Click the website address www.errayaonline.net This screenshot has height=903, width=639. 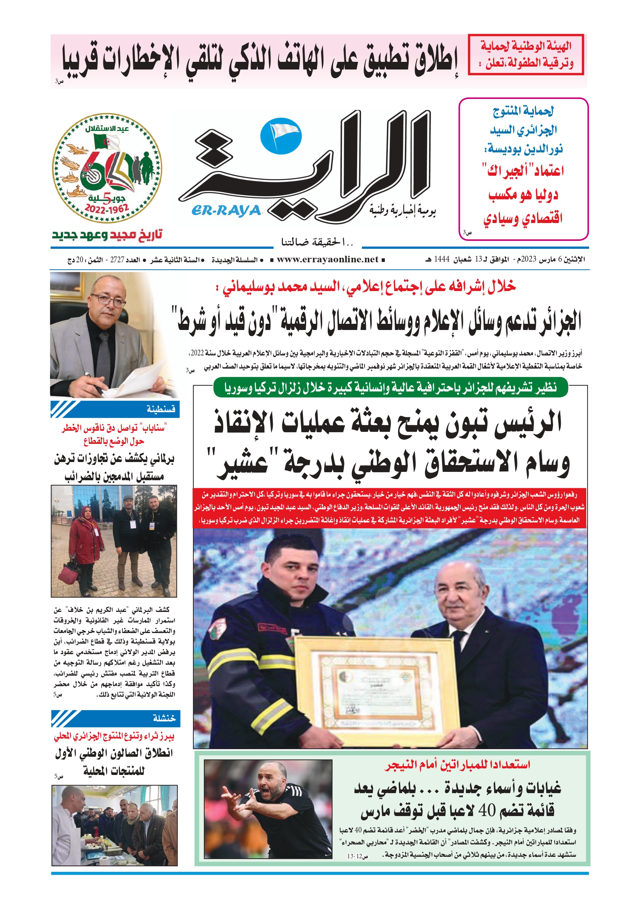pyautogui.click(x=327, y=259)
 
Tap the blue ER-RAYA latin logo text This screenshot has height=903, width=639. pyautogui.click(x=226, y=211)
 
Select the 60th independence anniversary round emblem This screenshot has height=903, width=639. pyautogui.click(x=107, y=168)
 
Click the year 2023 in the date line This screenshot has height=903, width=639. pyautogui.click(x=529, y=259)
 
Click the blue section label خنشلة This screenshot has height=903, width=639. pyautogui.click(x=164, y=718)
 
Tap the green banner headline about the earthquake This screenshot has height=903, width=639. pyautogui.click(x=390, y=388)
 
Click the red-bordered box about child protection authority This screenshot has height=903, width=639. pyautogui.click(x=526, y=54)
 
